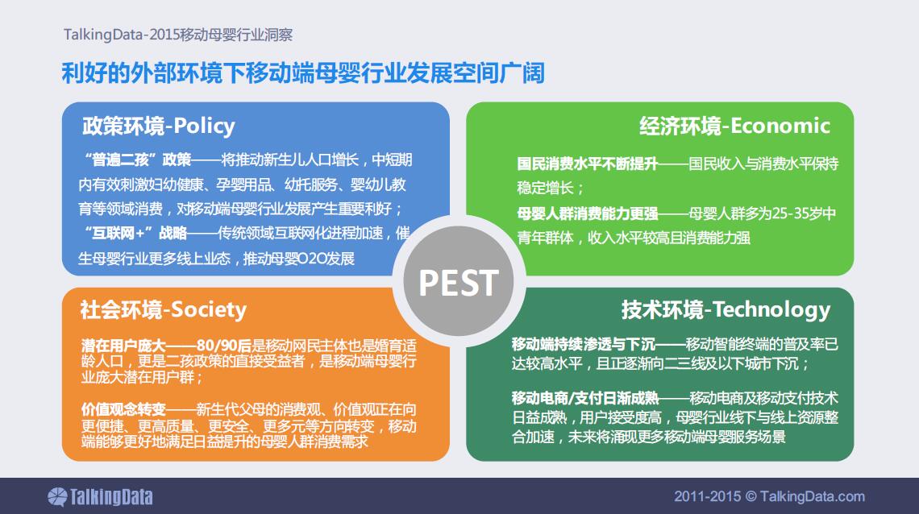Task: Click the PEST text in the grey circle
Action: click(459, 284)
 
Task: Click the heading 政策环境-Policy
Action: click(158, 126)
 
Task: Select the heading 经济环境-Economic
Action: click(734, 126)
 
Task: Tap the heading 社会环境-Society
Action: click(163, 309)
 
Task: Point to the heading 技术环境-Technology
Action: click(726, 309)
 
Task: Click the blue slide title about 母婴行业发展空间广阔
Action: click(303, 73)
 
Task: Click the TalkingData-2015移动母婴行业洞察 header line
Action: click(178, 35)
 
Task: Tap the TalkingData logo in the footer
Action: click(100, 497)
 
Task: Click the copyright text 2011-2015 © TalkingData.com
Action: click(769, 496)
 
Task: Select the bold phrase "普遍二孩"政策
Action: click(138, 160)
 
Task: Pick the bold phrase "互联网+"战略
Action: click(135, 234)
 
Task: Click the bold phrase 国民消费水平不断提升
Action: click(587, 164)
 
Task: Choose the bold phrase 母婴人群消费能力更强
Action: click(587, 213)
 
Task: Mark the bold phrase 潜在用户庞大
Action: click(123, 346)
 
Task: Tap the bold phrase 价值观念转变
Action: click(123, 409)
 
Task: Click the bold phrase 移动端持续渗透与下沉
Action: click(583, 344)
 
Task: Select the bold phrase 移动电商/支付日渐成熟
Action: click(585, 399)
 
